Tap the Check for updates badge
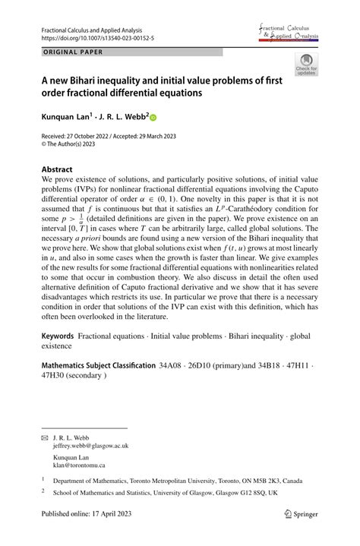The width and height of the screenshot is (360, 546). click(x=306, y=65)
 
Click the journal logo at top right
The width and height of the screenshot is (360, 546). click(x=289, y=32)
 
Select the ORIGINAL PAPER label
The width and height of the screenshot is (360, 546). click(x=72, y=52)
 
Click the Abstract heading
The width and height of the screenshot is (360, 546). click(x=57, y=169)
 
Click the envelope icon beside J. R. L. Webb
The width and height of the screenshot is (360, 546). click(x=44, y=439)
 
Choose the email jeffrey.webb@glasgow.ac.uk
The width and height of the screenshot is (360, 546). click(x=91, y=447)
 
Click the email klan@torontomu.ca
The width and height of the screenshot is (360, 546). click(x=79, y=466)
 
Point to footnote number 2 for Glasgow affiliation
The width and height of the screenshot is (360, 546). click(x=43, y=491)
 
